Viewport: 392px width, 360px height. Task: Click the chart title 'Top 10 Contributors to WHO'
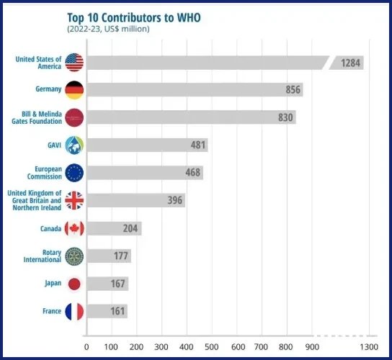(x=134, y=18)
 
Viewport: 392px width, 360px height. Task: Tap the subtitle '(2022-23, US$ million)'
(x=108, y=29)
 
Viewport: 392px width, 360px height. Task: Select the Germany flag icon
(x=74, y=90)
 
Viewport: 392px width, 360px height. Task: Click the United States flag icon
(x=74, y=62)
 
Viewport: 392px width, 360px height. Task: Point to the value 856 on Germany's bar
(x=293, y=90)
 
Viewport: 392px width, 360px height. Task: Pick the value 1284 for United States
(x=350, y=63)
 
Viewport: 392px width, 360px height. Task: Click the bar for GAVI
(x=148, y=145)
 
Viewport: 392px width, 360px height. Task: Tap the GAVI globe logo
(x=74, y=145)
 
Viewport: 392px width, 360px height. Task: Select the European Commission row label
(x=45, y=173)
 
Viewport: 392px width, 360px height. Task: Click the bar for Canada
(x=115, y=228)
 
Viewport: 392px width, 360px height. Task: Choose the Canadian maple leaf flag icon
(x=74, y=228)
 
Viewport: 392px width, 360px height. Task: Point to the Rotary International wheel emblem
(x=74, y=256)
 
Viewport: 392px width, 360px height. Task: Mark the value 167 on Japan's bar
(x=117, y=284)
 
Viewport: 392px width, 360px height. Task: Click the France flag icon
(x=74, y=312)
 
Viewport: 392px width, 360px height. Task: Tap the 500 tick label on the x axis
(x=212, y=347)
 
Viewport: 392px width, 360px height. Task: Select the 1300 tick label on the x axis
(x=369, y=347)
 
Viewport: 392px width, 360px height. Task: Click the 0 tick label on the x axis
(x=86, y=347)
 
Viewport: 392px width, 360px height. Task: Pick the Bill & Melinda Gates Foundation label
(x=37, y=117)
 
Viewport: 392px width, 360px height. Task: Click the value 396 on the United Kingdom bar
(x=175, y=200)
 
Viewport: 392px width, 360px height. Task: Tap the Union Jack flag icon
(x=74, y=200)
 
